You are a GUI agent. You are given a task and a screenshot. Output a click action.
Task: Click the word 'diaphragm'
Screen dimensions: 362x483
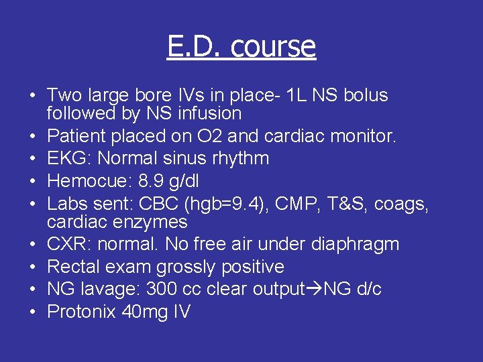(x=354, y=245)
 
